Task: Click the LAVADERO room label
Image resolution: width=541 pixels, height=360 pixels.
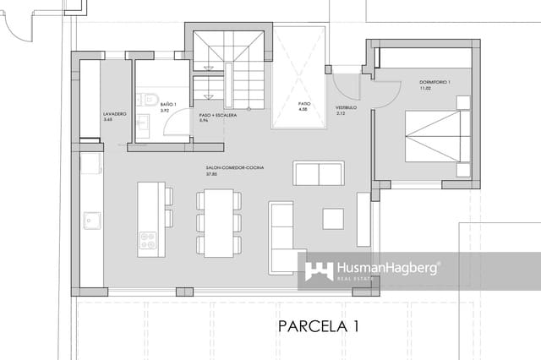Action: [115, 113]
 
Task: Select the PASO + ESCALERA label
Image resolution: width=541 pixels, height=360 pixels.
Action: [216, 115]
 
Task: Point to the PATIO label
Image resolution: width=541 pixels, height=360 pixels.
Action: [303, 104]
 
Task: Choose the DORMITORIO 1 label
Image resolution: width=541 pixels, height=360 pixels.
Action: [436, 82]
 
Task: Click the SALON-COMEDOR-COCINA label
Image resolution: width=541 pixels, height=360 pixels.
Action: [234, 168]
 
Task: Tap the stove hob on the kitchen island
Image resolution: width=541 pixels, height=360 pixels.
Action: [148, 241]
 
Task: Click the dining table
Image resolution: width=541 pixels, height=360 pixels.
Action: [219, 222]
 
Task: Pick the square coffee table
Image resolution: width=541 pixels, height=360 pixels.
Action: [333, 218]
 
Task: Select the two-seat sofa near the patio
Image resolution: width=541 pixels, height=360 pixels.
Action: [318, 173]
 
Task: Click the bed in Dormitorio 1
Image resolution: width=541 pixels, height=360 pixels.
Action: [435, 135]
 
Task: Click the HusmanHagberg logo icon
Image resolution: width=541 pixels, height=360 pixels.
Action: [319, 270]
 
